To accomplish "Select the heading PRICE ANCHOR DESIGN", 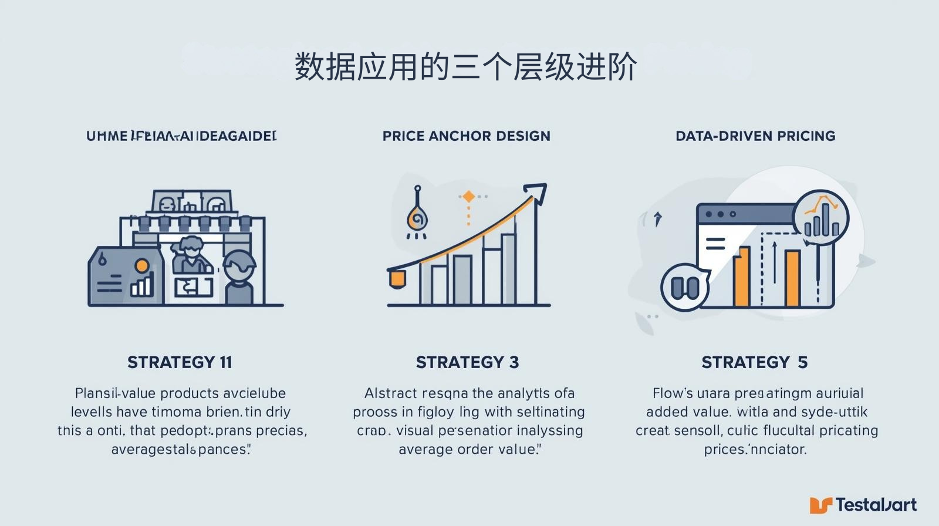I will pyautogui.click(x=467, y=136).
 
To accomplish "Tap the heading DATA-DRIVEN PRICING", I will pyautogui.click(x=755, y=136).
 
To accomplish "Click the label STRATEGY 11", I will pyautogui.click(x=180, y=362).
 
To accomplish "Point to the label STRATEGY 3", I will pyautogui.click(x=467, y=362).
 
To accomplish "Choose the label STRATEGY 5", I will pyautogui.click(x=755, y=362).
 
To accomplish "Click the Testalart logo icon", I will pyautogui.click(x=821, y=505).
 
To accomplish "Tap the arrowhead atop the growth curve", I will pyautogui.click(x=537, y=193).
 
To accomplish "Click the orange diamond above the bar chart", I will pyautogui.click(x=468, y=197).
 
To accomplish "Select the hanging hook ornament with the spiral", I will pyautogui.click(x=417, y=217).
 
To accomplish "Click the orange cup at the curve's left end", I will pyautogui.click(x=397, y=278).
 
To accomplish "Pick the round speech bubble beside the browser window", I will pyautogui.click(x=684, y=287).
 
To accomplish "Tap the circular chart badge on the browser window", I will pyautogui.click(x=820, y=217).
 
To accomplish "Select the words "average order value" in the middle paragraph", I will pyautogui.click(x=467, y=450).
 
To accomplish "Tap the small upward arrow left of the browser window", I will pyautogui.click(x=658, y=218).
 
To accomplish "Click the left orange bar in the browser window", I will pyautogui.click(x=742, y=277).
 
